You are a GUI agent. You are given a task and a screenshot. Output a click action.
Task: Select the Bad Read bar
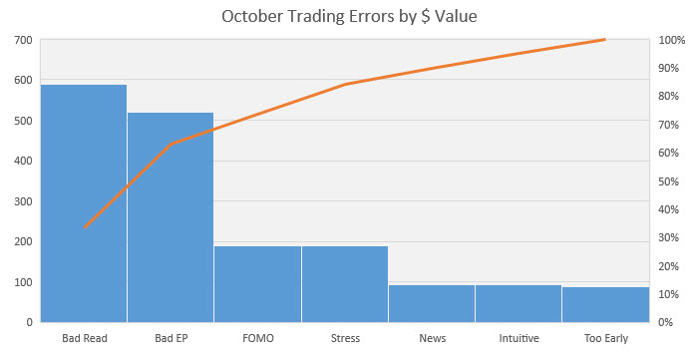click(x=84, y=203)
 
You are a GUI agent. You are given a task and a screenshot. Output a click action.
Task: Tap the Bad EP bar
click(x=171, y=217)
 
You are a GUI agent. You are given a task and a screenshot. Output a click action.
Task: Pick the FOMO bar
click(x=257, y=284)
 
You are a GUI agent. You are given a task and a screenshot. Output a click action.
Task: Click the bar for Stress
click(x=345, y=284)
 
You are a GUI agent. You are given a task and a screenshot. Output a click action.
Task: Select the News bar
click(x=432, y=303)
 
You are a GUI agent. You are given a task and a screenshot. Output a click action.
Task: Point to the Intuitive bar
click(x=519, y=303)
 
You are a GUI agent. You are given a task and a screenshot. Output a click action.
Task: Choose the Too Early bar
click(x=606, y=305)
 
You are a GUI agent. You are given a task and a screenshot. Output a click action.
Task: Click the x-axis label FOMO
click(x=258, y=338)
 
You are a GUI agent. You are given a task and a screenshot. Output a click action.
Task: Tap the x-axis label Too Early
click(x=606, y=339)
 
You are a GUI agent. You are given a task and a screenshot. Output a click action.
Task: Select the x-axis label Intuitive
click(x=520, y=338)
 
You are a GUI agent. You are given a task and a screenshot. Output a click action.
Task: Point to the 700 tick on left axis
click(x=24, y=40)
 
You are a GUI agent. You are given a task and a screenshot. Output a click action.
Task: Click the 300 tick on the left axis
click(x=24, y=201)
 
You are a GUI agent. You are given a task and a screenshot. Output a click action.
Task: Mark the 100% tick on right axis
click(x=672, y=40)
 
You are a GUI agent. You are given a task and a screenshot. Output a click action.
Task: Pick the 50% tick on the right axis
click(x=669, y=181)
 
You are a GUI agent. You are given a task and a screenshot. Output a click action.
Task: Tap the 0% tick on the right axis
click(x=666, y=322)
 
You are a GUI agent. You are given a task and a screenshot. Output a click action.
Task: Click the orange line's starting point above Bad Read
click(x=85, y=227)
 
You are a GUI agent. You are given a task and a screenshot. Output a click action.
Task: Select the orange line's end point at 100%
click(x=605, y=40)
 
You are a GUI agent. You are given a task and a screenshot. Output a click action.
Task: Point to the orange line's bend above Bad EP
click(x=172, y=144)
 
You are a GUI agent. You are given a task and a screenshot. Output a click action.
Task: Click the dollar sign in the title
click(x=425, y=17)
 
